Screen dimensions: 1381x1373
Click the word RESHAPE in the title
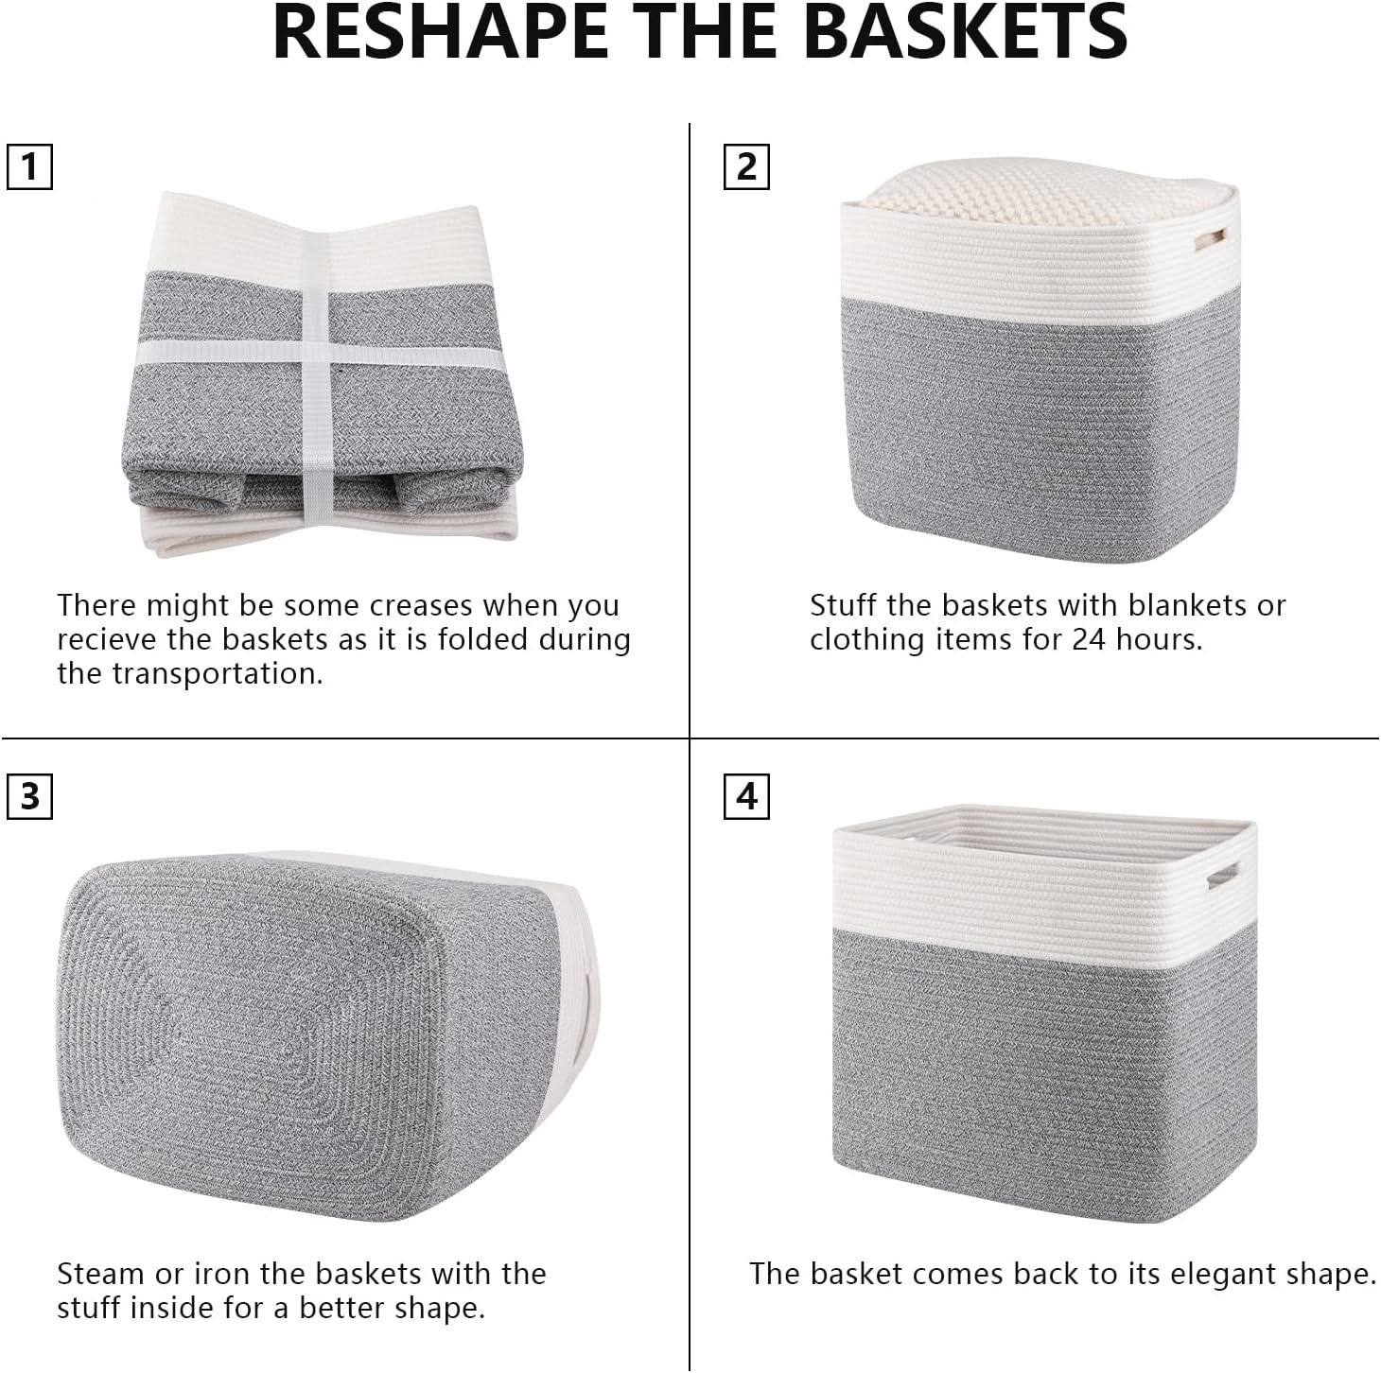[x=439, y=32]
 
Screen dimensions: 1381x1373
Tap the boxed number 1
[x=29, y=167]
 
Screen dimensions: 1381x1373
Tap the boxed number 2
[x=746, y=167]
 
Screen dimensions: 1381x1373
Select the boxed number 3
[x=29, y=796]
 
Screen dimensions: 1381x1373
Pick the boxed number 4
[x=746, y=796]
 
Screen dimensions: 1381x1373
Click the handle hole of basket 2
[x=1211, y=238]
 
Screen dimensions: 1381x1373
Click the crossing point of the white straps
[x=315, y=353]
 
